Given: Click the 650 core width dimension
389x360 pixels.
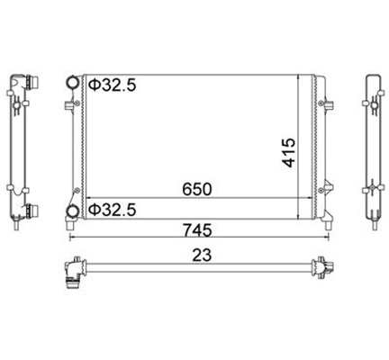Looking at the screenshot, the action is tap(197, 189).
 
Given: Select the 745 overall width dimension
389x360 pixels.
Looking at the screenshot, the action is tap(197, 230).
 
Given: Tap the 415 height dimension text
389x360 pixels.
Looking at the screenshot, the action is tap(288, 152).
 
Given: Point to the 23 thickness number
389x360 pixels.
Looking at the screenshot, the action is tap(202, 255).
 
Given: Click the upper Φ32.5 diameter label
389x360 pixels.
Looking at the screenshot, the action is tap(113, 85).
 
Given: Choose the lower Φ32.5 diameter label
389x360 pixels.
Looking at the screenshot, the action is tap(113, 210).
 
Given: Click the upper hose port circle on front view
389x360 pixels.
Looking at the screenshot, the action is tap(73, 83).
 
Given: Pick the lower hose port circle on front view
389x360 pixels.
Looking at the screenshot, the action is tap(73, 211).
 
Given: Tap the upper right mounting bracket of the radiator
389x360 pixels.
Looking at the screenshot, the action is tap(328, 104).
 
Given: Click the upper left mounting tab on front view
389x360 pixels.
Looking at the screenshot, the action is tap(68, 105).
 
